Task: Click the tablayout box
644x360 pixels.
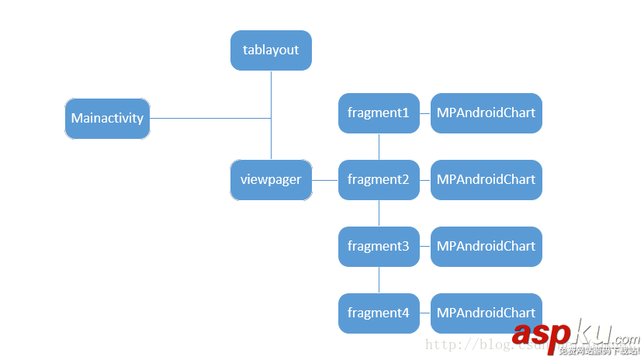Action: pos(271,50)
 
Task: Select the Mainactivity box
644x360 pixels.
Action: pos(107,119)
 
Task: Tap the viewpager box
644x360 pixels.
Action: pos(271,180)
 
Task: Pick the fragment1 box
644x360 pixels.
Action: pos(379,113)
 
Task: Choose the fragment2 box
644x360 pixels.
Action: pos(379,180)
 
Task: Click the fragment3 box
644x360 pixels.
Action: pos(379,247)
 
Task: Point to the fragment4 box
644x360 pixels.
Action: pos(379,313)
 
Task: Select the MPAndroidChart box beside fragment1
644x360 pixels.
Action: pos(486,113)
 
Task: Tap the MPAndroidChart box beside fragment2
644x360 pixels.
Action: pos(486,180)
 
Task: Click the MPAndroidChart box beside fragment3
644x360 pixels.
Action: pos(486,247)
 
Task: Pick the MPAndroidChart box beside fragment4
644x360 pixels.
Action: pos(486,313)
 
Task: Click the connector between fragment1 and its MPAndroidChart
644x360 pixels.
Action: pos(425,113)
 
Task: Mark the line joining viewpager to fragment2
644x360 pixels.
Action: pos(325,180)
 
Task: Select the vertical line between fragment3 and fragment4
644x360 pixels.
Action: pos(379,280)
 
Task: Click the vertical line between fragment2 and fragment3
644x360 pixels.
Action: pos(379,213)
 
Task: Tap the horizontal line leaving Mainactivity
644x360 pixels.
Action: pos(209,119)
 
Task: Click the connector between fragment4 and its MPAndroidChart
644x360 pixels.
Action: pos(425,313)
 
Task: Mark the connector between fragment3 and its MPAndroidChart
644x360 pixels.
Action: pos(425,247)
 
